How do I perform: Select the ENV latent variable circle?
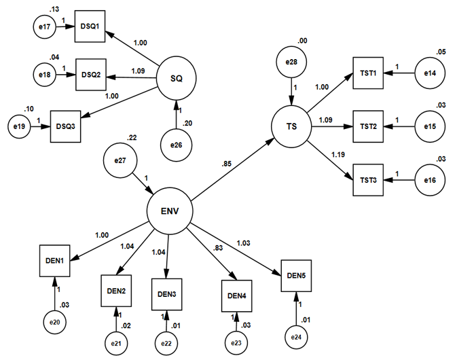pyautogui.click(x=170, y=210)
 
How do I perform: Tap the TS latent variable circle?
pyautogui.click(x=293, y=126)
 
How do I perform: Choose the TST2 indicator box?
pyautogui.click(x=369, y=126)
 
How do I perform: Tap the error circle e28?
pyautogui.click(x=293, y=63)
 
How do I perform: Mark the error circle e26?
pyautogui.click(x=177, y=144)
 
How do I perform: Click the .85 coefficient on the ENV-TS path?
pyautogui.click(x=227, y=163)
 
